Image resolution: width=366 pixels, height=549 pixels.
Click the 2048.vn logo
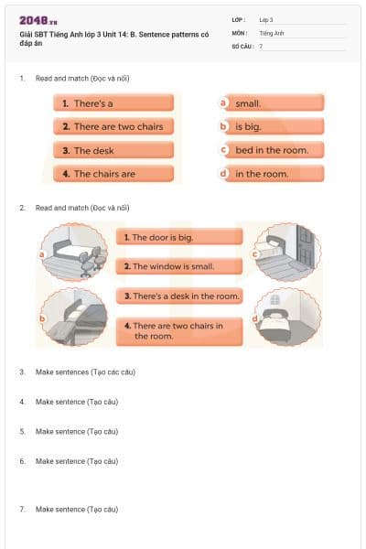38,19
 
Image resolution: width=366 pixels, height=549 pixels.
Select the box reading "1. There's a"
113,103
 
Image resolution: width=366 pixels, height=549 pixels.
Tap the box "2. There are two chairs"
113,126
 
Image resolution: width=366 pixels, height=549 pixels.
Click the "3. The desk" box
113,150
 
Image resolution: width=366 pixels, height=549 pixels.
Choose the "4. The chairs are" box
113,173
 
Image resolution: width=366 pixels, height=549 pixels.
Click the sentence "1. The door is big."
167,237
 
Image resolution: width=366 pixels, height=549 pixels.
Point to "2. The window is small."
167,266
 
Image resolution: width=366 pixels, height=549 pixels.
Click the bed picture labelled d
289,318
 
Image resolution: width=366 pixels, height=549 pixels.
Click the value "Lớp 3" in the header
266,19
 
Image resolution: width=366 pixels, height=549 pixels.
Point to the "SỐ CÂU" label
243,45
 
